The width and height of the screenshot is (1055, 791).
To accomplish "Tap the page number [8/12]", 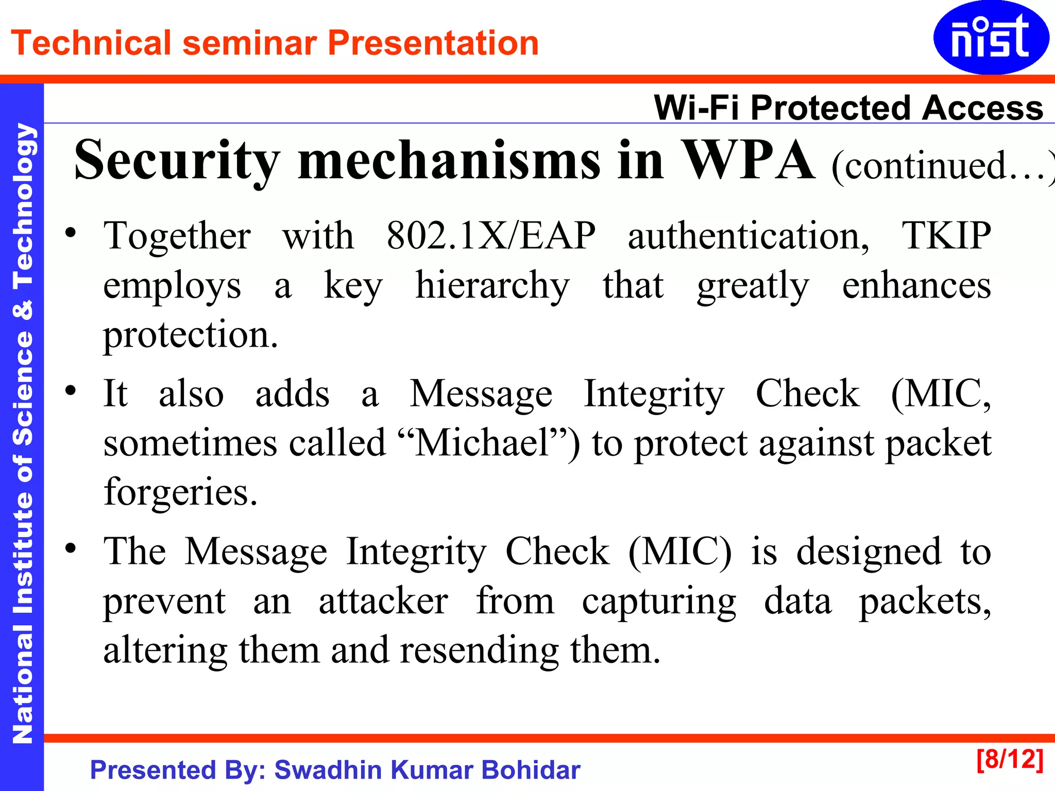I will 1010,759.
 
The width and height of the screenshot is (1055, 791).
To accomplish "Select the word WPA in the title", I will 748,161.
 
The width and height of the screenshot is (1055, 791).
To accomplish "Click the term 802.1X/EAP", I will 491,236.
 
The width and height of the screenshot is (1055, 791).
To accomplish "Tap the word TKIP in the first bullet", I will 946,236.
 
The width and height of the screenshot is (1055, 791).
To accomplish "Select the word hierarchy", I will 492,285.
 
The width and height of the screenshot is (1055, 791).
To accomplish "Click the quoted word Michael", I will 483,443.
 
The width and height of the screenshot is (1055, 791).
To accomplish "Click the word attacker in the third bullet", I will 383,600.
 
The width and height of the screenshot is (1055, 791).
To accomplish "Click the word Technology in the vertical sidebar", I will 23,206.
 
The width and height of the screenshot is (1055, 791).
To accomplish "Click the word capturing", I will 659,600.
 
